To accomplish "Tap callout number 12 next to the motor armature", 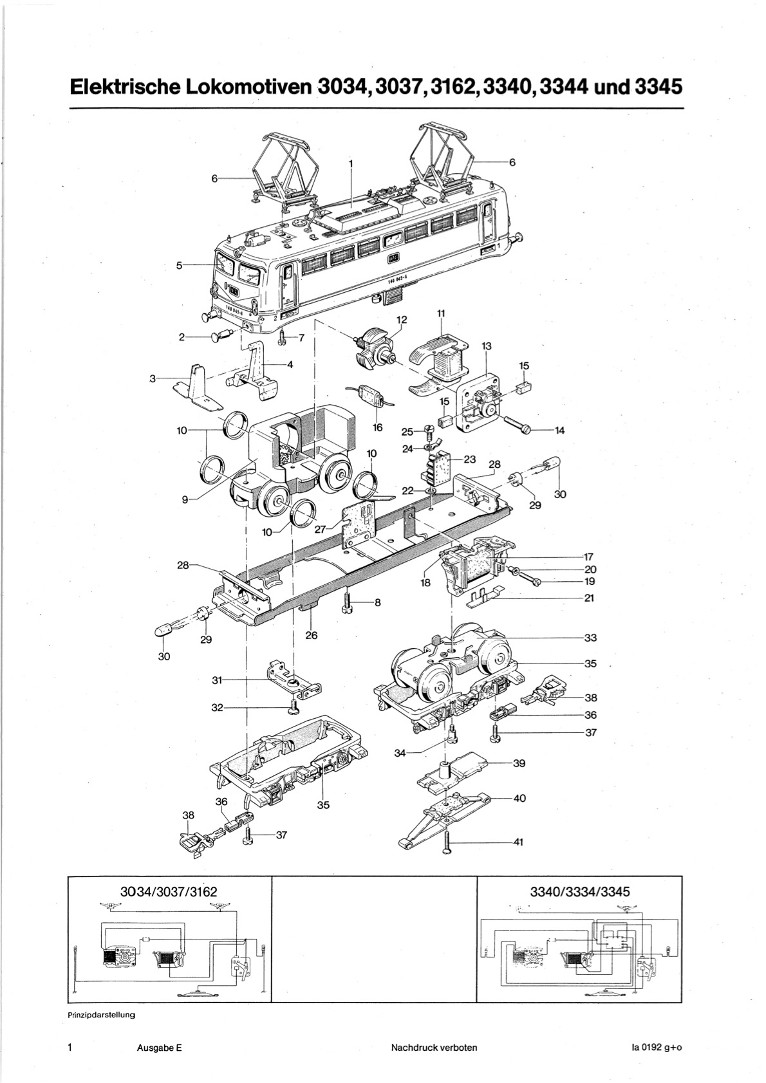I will [401, 319].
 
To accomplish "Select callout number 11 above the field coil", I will [441, 313].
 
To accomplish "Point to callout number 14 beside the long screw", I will [559, 430].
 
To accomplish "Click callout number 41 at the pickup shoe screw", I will [519, 841].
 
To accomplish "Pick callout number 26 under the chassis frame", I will [312, 635].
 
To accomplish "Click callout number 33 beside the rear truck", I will [590, 638].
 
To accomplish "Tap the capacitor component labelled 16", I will [371, 395].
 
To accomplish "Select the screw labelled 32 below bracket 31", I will [294, 707].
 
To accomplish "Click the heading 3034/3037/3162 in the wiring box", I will [169, 892].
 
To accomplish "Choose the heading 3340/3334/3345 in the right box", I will [579, 892].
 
